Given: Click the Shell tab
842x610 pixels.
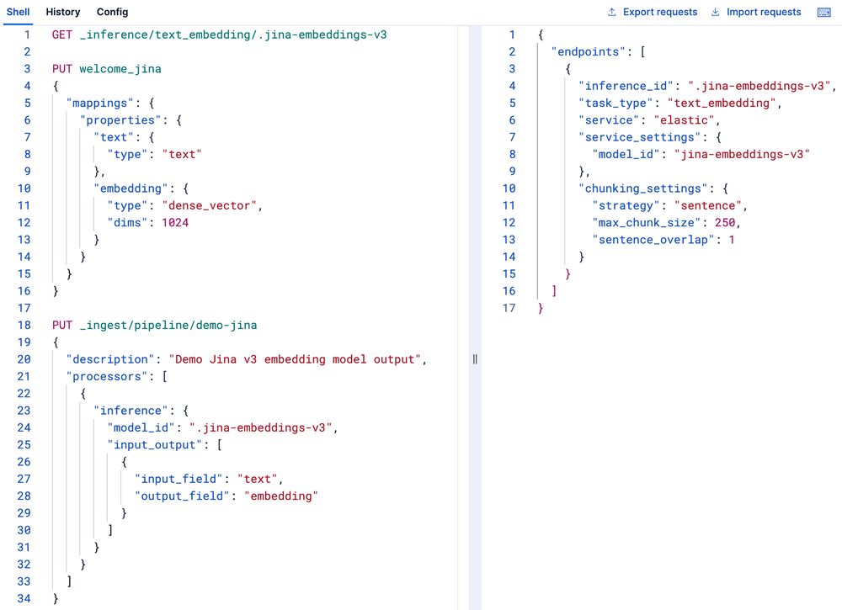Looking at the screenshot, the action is (18, 12).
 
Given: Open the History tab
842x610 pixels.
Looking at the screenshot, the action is (63, 12).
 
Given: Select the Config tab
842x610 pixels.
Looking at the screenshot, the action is (112, 12).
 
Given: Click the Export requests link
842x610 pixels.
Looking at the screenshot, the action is (653, 12).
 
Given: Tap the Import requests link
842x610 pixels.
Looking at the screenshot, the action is (756, 12).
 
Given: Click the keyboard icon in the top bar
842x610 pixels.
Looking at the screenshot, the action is (823, 13).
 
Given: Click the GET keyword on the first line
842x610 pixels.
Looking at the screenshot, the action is (62, 34).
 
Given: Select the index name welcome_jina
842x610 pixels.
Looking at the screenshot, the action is (120, 69).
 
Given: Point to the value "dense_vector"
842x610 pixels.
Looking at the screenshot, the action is (210, 205).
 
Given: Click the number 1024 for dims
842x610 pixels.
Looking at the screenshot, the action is (175, 223).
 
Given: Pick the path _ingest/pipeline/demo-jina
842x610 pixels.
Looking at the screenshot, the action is (168, 325).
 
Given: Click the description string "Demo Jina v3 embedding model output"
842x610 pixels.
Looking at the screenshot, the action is (295, 359).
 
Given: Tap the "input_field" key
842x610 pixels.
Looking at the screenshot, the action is (179, 479).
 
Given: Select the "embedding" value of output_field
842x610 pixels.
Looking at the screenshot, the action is (281, 496).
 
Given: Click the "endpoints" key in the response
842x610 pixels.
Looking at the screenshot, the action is (589, 52).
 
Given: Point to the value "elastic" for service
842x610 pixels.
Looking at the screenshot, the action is (684, 120).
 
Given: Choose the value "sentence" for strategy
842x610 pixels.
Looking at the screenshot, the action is (708, 205).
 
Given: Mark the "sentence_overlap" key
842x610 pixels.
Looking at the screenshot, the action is (653, 240).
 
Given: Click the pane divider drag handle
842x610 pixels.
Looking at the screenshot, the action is (475, 359).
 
